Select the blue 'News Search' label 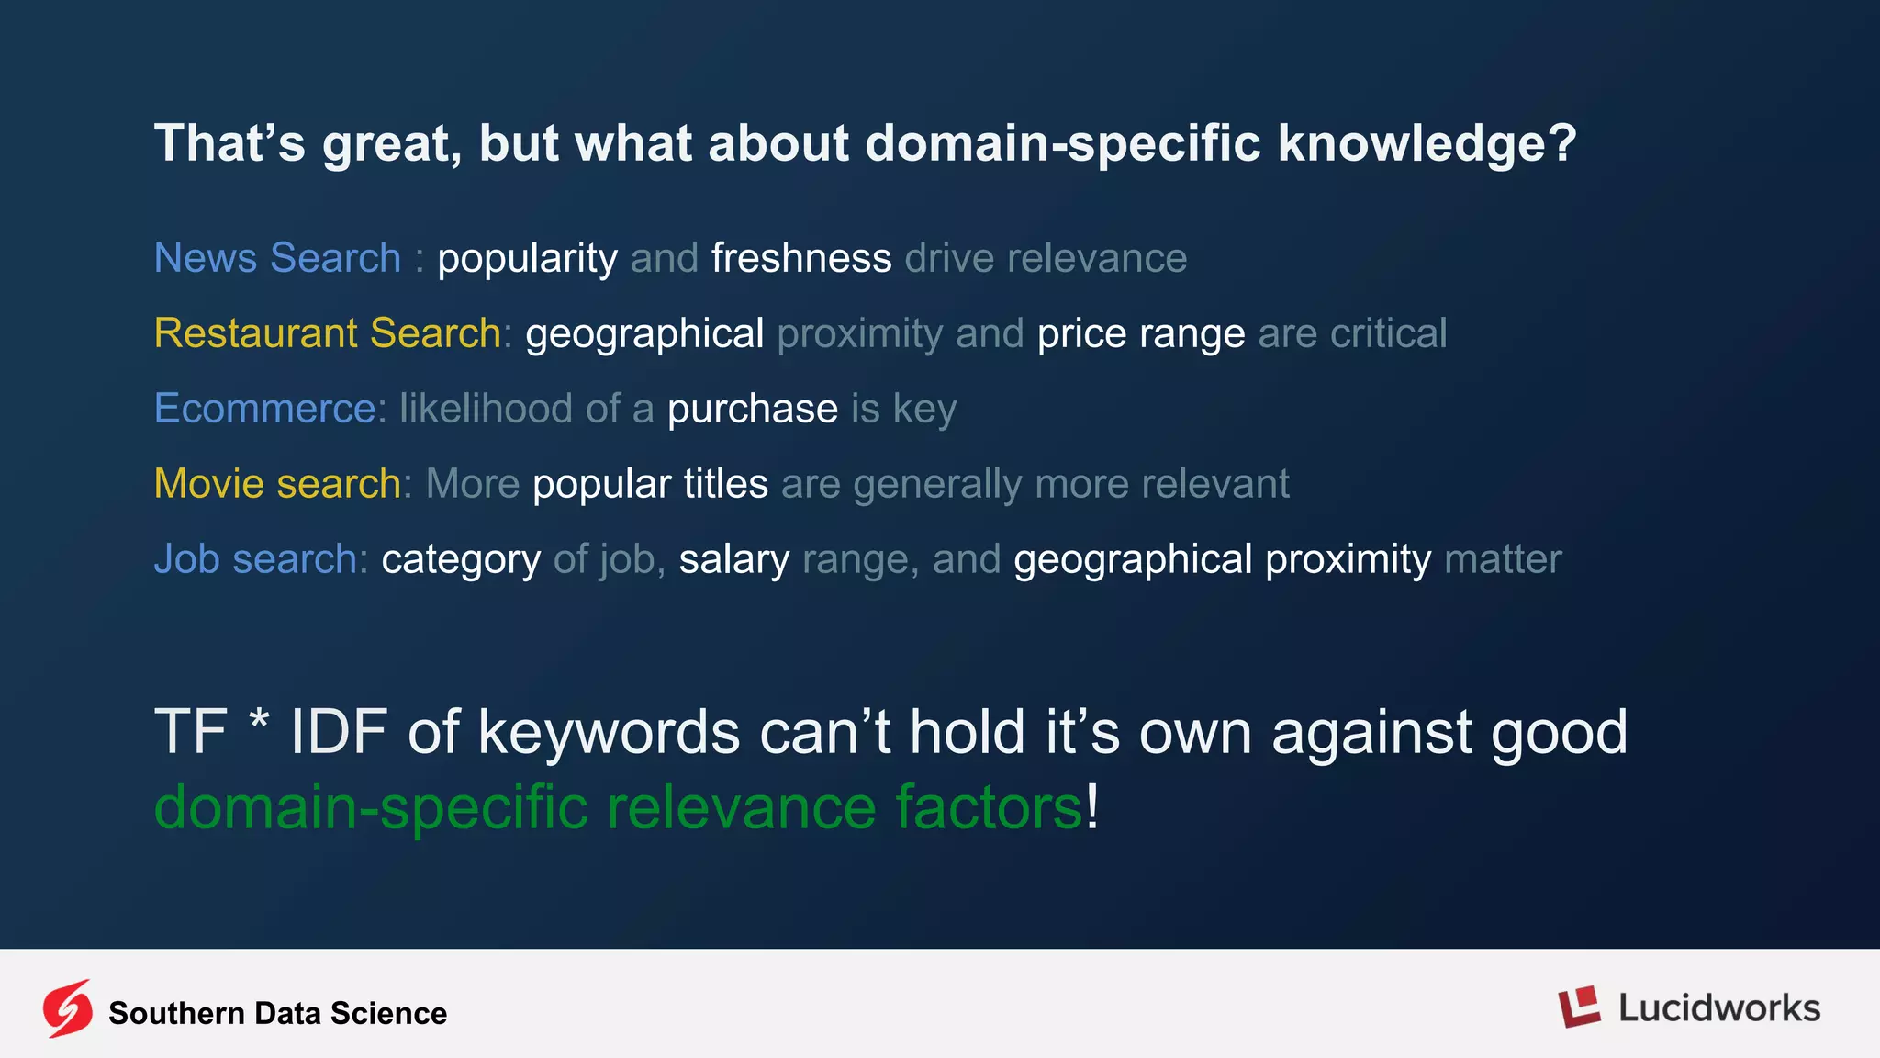pyautogui.click(x=277, y=258)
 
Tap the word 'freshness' pyautogui.click(x=800, y=258)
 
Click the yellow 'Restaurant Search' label pyautogui.click(x=327, y=333)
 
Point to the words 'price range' pyautogui.click(x=1140, y=333)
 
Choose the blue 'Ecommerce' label pyautogui.click(x=264, y=409)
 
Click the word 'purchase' pyautogui.click(x=752, y=409)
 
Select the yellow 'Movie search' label pyautogui.click(x=277, y=484)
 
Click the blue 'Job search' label pyautogui.click(x=255, y=559)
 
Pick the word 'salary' pyautogui.click(x=733, y=559)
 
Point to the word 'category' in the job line pyautogui.click(x=461, y=559)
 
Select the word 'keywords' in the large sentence pyautogui.click(x=609, y=733)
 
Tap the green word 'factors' pyautogui.click(x=988, y=807)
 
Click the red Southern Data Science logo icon pyautogui.click(x=68, y=1008)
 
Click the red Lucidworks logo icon pyautogui.click(x=1579, y=1007)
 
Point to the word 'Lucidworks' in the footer pyautogui.click(x=1718, y=1008)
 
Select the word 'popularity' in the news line pyautogui.click(x=527, y=258)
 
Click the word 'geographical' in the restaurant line pyautogui.click(x=644, y=333)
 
